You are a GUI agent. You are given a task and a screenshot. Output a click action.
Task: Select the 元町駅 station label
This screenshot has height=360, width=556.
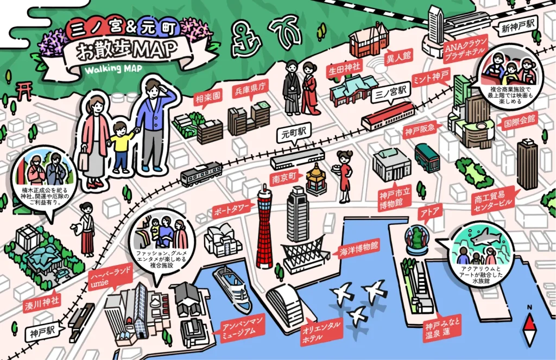pyautogui.click(x=295, y=132)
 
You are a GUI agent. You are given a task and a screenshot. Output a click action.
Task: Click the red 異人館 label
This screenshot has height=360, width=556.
pyautogui.click(x=399, y=55)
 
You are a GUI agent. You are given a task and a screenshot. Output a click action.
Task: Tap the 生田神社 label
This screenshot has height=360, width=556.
pyautogui.click(x=344, y=70)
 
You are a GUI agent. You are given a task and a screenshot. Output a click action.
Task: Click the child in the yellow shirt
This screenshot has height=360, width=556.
pyautogui.click(x=122, y=146)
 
